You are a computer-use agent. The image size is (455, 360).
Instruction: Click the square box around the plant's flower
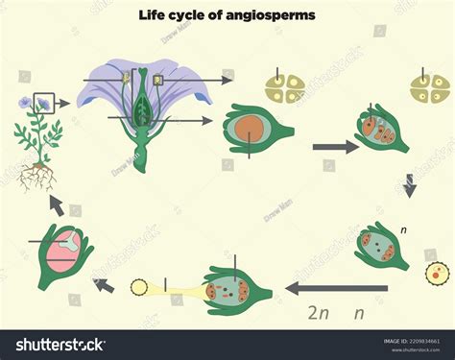[44, 101]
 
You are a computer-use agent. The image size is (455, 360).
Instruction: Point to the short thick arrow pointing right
[333, 147]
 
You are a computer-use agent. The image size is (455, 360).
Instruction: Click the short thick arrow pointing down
[410, 185]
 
